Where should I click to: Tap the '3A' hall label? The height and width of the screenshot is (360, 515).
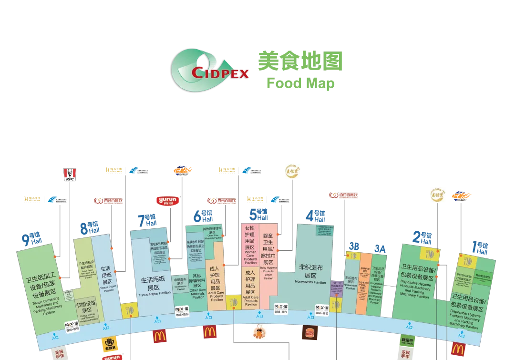(380, 248)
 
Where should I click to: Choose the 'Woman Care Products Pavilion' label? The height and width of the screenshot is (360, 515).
(250, 246)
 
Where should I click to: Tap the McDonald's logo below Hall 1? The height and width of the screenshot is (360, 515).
(458, 350)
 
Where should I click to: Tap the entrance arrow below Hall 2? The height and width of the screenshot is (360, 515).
(409, 326)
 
